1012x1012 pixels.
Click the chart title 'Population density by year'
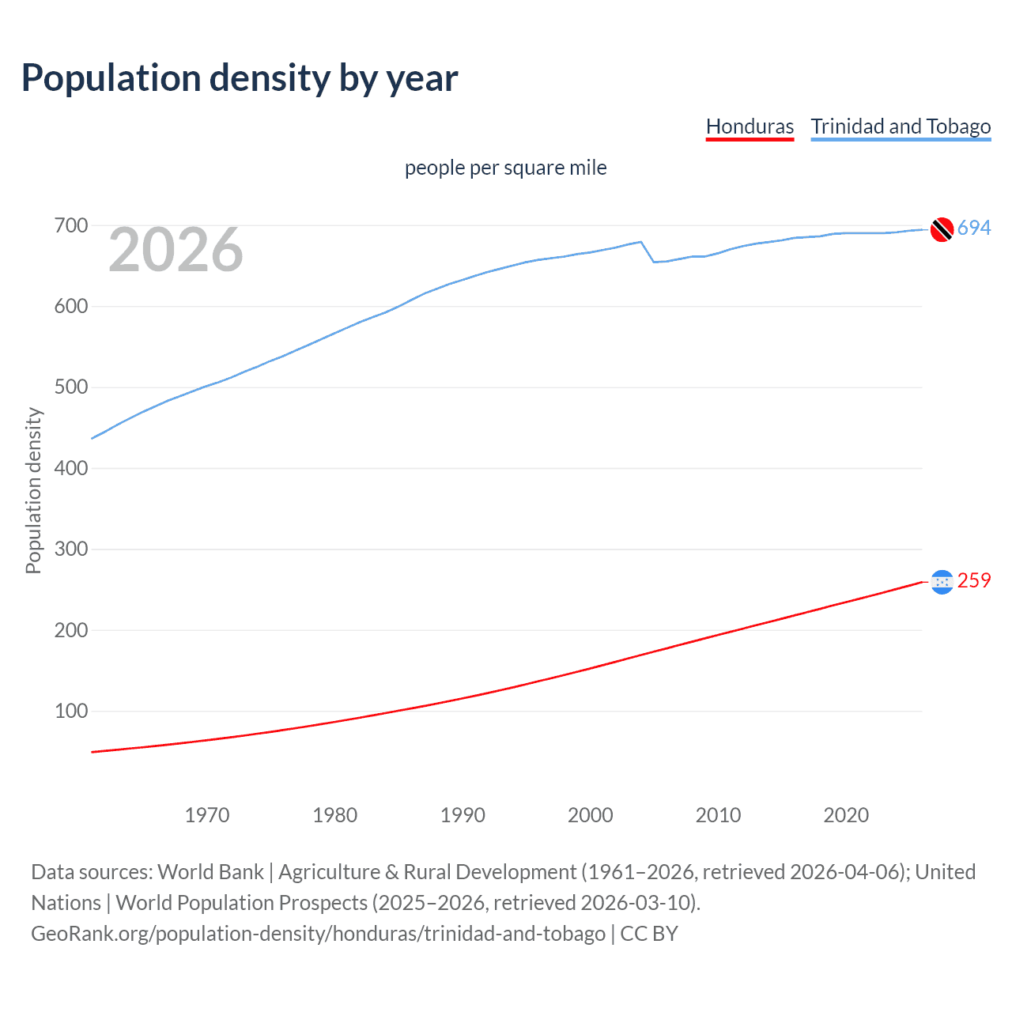pyautogui.click(x=240, y=78)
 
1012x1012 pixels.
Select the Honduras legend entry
pyautogui.click(x=750, y=126)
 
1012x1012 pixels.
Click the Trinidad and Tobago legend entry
pyautogui.click(x=901, y=126)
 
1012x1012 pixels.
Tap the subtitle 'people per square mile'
pyautogui.click(x=505, y=168)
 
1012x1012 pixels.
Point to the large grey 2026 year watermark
pyautogui.click(x=176, y=251)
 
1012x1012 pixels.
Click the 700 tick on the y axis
pyautogui.click(x=70, y=226)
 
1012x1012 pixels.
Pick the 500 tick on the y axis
pyautogui.click(x=70, y=387)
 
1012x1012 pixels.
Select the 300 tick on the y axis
pyautogui.click(x=70, y=549)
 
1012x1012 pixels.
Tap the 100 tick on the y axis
pyautogui.click(x=70, y=711)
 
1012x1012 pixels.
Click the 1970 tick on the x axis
pyautogui.click(x=207, y=815)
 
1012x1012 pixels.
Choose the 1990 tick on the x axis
pyautogui.click(x=463, y=815)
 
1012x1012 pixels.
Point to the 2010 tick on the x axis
pyautogui.click(x=718, y=815)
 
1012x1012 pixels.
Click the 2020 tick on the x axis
pyautogui.click(x=846, y=815)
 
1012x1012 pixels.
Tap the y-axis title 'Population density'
pyautogui.click(x=33, y=490)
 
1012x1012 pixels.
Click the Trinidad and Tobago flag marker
pyautogui.click(x=942, y=229)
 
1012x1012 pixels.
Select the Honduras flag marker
pyautogui.click(x=942, y=582)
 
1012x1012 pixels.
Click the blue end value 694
pyautogui.click(x=974, y=228)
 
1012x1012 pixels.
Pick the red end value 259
pyautogui.click(x=974, y=581)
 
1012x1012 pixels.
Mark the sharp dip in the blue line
pyautogui.click(x=654, y=261)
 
